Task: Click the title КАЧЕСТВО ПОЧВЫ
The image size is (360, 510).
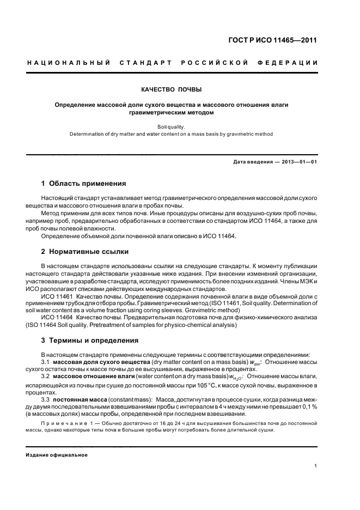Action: click(x=179, y=88)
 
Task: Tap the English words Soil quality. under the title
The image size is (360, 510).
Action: click(x=179, y=125)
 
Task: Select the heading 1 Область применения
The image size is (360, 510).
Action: click(x=83, y=183)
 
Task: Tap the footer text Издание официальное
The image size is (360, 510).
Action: click(x=57, y=454)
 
